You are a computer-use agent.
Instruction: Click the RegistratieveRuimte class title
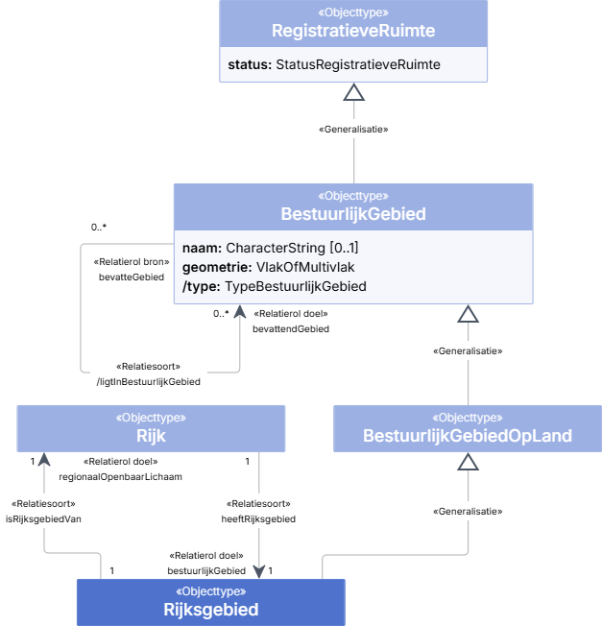pyautogui.click(x=353, y=31)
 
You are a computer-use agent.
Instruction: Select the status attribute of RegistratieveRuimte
pyautogui.click(x=334, y=64)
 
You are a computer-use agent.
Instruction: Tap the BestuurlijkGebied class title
pyautogui.click(x=353, y=214)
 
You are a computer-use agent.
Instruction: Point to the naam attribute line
pyautogui.click(x=270, y=248)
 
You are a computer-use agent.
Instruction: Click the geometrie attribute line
pyautogui.click(x=268, y=267)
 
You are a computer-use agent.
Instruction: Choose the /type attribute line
pyautogui.click(x=275, y=286)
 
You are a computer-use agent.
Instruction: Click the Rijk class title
pyautogui.click(x=151, y=436)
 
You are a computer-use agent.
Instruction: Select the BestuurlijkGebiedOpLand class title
pyautogui.click(x=468, y=436)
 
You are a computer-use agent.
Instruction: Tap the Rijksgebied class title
pyautogui.click(x=211, y=610)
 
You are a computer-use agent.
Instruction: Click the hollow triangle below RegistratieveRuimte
pyautogui.click(x=354, y=92)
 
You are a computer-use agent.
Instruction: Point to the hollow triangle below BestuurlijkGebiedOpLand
pyautogui.click(x=468, y=462)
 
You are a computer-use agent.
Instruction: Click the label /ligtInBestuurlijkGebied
pyautogui.click(x=149, y=382)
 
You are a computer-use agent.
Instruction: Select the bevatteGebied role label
pyautogui.click(x=132, y=277)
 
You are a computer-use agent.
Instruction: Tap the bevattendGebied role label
pyautogui.click(x=291, y=329)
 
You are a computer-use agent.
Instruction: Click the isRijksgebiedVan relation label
pyautogui.click(x=43, y=519)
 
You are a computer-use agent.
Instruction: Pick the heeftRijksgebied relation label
pyautogui.click(x=258, y=519)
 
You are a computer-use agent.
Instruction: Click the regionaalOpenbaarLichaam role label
pyautogui.click(x=121, y=476)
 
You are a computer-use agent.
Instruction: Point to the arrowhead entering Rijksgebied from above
pyautogui.click(x=259, y=572)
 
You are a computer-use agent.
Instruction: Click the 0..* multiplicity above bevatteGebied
pyautogui.click(x=99, y=228)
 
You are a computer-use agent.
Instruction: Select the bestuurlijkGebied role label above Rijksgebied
pyautogui.click(x=206, y=571)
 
